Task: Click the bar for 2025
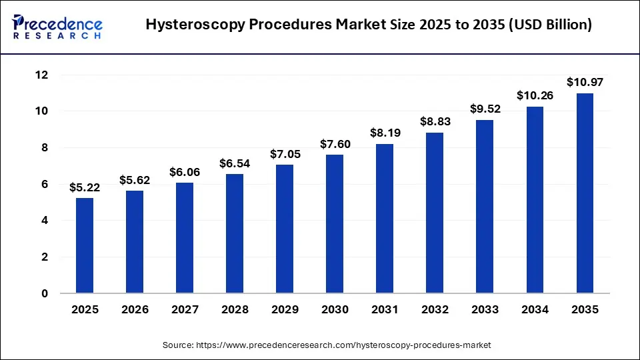click(85, 245)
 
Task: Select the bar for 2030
click(335, 224)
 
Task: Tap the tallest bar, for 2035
click(585, 193)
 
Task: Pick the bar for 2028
click(235, 233)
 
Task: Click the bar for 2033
click(485, 207)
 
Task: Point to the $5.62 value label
click(135, 180)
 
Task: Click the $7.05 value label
click(285, 154)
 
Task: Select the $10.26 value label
click(535, 96)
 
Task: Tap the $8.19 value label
click(385, 133)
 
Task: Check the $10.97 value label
click(585, 83)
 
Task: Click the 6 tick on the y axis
click(45, 184)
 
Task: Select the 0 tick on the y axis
click(45, 293)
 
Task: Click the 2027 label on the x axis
click(185, 310)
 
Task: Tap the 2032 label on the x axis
click(435, 310)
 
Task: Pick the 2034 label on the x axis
click(535, 310)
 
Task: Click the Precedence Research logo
click(57, 25)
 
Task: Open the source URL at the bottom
click(327, 345)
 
